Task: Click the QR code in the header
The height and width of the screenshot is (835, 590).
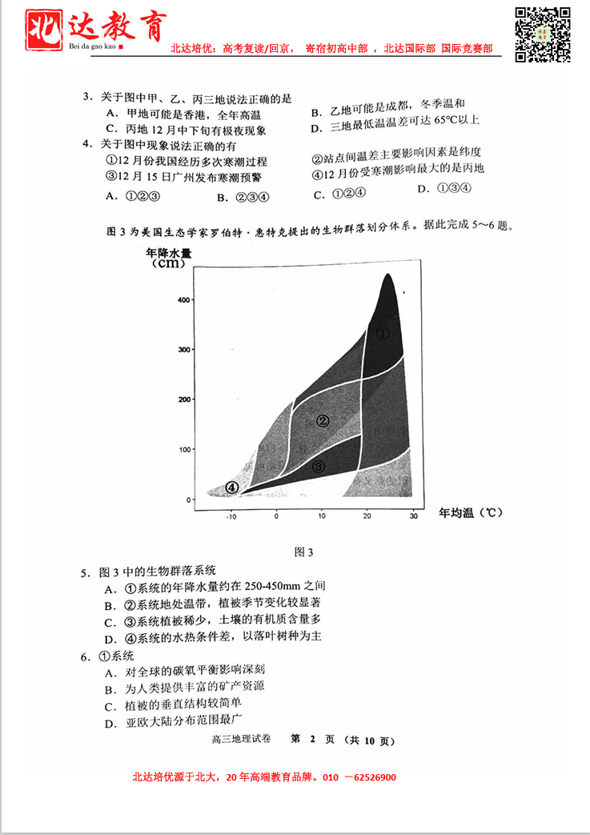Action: (542, 34)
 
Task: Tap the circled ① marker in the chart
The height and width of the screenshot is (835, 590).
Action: (383, 334)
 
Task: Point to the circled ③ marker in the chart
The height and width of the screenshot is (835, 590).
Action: (318, 466)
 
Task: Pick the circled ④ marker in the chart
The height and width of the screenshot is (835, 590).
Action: (232, 487)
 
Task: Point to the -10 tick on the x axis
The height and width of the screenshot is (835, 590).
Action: (232, 516)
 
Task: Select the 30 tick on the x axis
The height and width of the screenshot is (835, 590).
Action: (414, 516)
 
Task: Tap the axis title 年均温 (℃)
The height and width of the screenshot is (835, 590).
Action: (471, 512)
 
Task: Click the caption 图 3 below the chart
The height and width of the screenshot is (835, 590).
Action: (303, 552)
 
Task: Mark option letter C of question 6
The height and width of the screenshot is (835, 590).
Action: (110, 707)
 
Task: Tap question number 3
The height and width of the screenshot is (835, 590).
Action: (86, 98)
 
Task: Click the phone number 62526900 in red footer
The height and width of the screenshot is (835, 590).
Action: (370, 777)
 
